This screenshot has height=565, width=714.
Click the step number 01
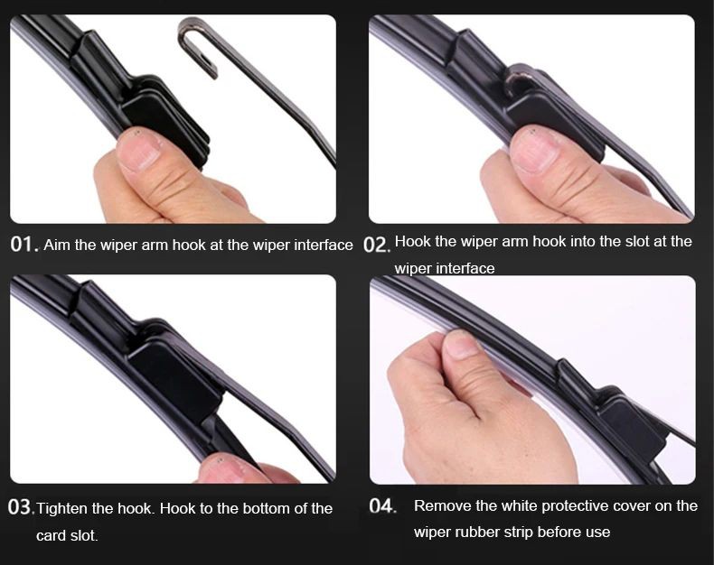(22, 245)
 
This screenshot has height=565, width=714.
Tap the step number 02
(375, 245)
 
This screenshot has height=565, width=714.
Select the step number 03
(19, 507)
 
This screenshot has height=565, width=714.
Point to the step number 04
(381, 505)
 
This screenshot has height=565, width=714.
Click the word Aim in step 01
(57, 245)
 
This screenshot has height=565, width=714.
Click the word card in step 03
(51, 535)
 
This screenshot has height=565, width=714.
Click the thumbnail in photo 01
(139, 153)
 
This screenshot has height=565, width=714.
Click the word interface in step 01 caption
(324, 245)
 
